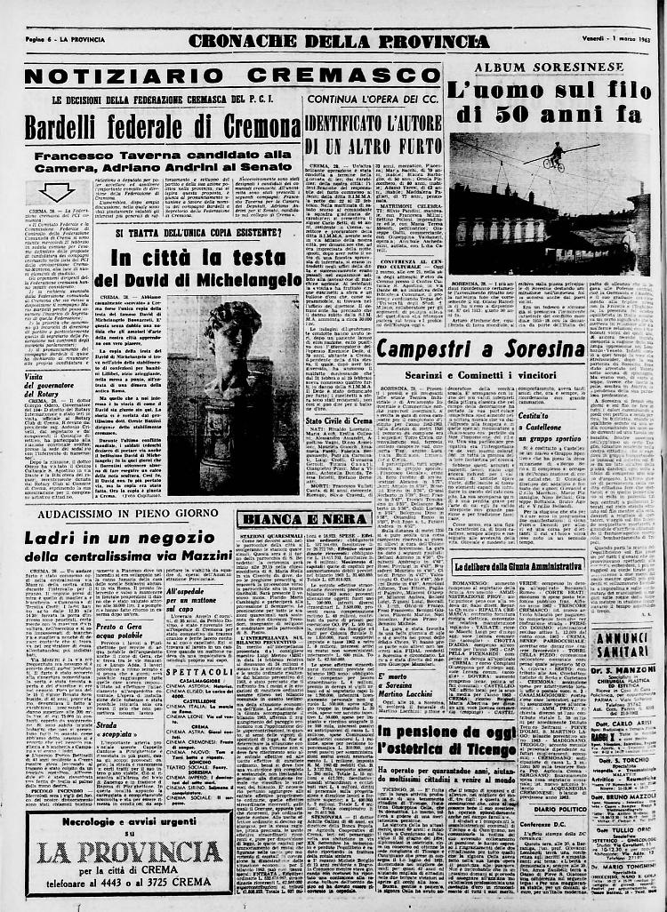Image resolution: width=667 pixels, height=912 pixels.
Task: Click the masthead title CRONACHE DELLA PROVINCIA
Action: pos(339,41)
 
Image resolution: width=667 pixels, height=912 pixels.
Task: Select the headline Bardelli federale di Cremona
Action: pos(163,128)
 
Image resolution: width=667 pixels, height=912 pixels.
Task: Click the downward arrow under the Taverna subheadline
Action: pos(56,193)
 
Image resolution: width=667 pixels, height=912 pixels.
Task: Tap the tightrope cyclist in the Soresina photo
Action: pos(554,156)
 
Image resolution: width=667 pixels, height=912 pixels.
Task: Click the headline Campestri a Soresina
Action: pos(480,348)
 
